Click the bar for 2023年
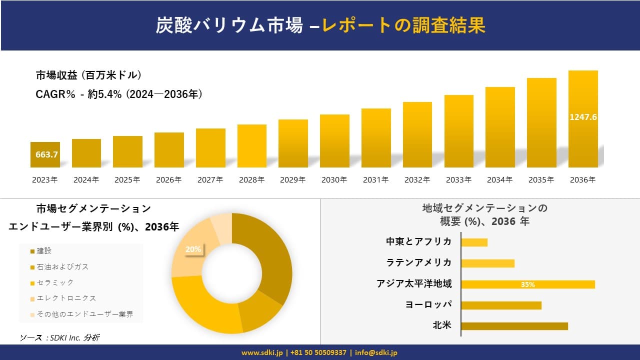click(x=45, y=154)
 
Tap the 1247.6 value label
click(x=583, y=117)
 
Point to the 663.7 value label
click(x=46, y=155)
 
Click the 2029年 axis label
click(x=293, y=180)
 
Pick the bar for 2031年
click(x=376, y=138)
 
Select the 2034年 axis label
click(x=500, y=180)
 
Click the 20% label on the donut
click(x=193, y=249)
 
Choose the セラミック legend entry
click(x=52, y=282)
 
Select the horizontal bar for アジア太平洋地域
click(x=528, y=284)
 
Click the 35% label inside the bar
click(x=528, y=284)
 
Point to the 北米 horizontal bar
click(x=514, y=326)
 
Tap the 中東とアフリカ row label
click(x=418, y=242)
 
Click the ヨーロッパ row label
click(x=428, y=305)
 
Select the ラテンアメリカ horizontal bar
click(x=487, y=263)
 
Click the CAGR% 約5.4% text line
click(x=119, y=94)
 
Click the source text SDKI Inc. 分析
click(x=60, y=338)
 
